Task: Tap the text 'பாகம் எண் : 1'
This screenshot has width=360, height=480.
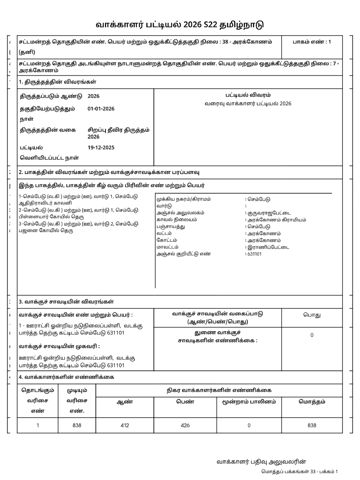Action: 312,42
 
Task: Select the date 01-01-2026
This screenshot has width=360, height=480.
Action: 101,109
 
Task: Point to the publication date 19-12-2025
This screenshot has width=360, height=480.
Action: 101,148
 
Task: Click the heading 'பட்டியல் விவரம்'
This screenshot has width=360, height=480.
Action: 248,95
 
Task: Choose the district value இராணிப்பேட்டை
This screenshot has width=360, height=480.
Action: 268,247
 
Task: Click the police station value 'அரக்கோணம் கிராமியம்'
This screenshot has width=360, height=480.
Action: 277,220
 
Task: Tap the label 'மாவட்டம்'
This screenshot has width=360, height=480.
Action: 167,247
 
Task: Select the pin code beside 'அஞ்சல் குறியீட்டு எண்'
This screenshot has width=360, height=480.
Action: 254,254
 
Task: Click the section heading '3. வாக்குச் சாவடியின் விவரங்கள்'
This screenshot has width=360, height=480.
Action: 66,302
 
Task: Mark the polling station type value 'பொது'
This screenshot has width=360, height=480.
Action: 312,315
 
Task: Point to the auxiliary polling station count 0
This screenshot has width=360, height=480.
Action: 312,335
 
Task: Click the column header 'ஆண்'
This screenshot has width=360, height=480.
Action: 124,402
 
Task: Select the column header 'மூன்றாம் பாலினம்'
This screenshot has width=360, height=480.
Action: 249,402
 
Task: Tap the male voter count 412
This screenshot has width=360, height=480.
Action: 124,425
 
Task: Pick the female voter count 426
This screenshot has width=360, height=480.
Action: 185,425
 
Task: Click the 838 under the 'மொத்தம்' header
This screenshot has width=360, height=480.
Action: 312,425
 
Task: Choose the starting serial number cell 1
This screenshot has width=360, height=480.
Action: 38,425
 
